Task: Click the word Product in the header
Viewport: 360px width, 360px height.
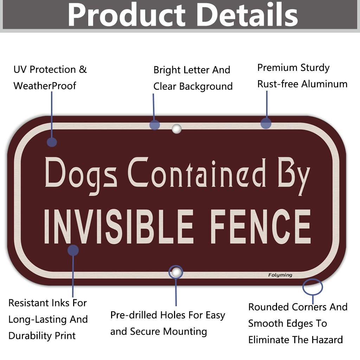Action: tap(126, 15)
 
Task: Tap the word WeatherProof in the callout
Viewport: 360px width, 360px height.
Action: tap(45, 85)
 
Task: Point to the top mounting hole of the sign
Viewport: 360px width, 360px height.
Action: tap(176, 129)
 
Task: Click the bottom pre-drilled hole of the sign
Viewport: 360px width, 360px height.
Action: tap(176, 272)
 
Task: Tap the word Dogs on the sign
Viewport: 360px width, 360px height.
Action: tap(81, 174)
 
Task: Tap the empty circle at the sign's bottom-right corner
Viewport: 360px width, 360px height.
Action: tap(312, 287)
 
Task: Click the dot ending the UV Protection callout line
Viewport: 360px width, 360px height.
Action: tap(52, 142)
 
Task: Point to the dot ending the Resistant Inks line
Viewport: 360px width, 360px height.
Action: tap(73, 250)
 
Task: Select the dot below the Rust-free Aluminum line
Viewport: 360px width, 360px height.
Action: tap(266, 123)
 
